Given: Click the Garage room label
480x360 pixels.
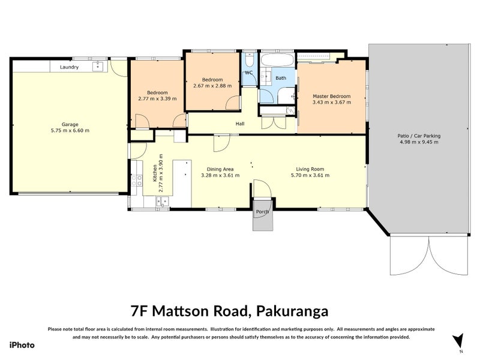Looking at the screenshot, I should click(70, 125).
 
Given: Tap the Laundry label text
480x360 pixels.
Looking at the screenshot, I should click(69, 67).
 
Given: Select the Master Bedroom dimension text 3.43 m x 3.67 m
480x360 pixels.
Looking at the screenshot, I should click(331, 103).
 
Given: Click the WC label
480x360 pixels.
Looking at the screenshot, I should click(249, 73).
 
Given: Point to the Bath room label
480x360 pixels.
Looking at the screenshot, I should click(281, 78).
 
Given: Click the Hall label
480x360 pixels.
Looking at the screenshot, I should click(239, 124).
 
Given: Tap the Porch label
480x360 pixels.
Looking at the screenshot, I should click(262, 212).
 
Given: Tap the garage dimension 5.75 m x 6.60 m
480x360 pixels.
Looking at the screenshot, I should click(70, 131).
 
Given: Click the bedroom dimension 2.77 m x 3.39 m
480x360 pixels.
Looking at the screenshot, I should click(157, 99).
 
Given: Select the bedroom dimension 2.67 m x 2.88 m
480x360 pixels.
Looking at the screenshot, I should click(212, 86).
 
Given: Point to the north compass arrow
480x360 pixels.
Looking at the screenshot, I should click(459, 340).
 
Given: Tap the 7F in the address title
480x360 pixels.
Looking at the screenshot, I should click(139, 311).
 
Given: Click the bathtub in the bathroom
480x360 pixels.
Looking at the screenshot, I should click(277, 61).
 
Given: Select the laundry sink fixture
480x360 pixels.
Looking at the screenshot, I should click(97, 67).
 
